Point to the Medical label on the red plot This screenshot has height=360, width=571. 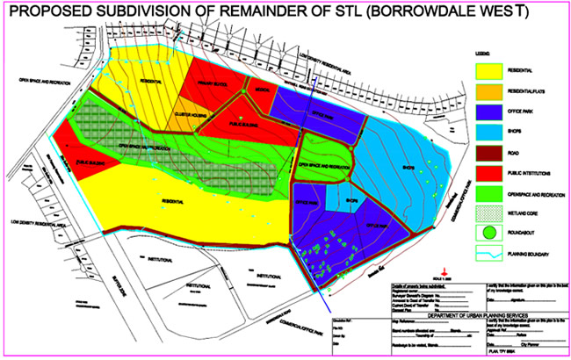(x=261, y=90)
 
